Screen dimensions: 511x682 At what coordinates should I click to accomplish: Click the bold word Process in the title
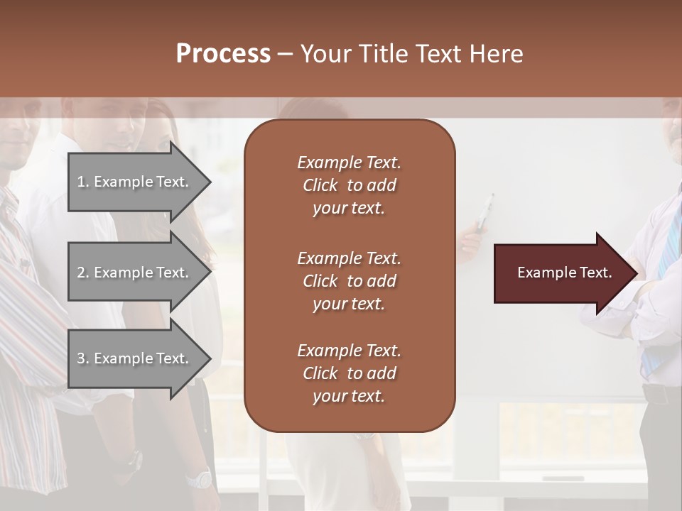pyautogui.click(x=223, y=54)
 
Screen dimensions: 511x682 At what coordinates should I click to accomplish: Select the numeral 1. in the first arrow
pyautogui.click(x=83, y=182)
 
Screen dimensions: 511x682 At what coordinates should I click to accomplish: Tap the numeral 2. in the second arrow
pyautogui.click(x=83, y=273)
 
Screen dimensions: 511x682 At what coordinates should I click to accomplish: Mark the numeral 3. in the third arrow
pyautogui.click(x=83, y=358)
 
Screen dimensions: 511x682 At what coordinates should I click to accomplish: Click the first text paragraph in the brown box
pyautogui.click(x=349, y=185)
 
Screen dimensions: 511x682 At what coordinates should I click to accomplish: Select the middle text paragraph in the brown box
pyautogui.click(x=349, y=281)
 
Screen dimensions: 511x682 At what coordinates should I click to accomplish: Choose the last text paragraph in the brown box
pyautogui.click(x=349, y=373)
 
